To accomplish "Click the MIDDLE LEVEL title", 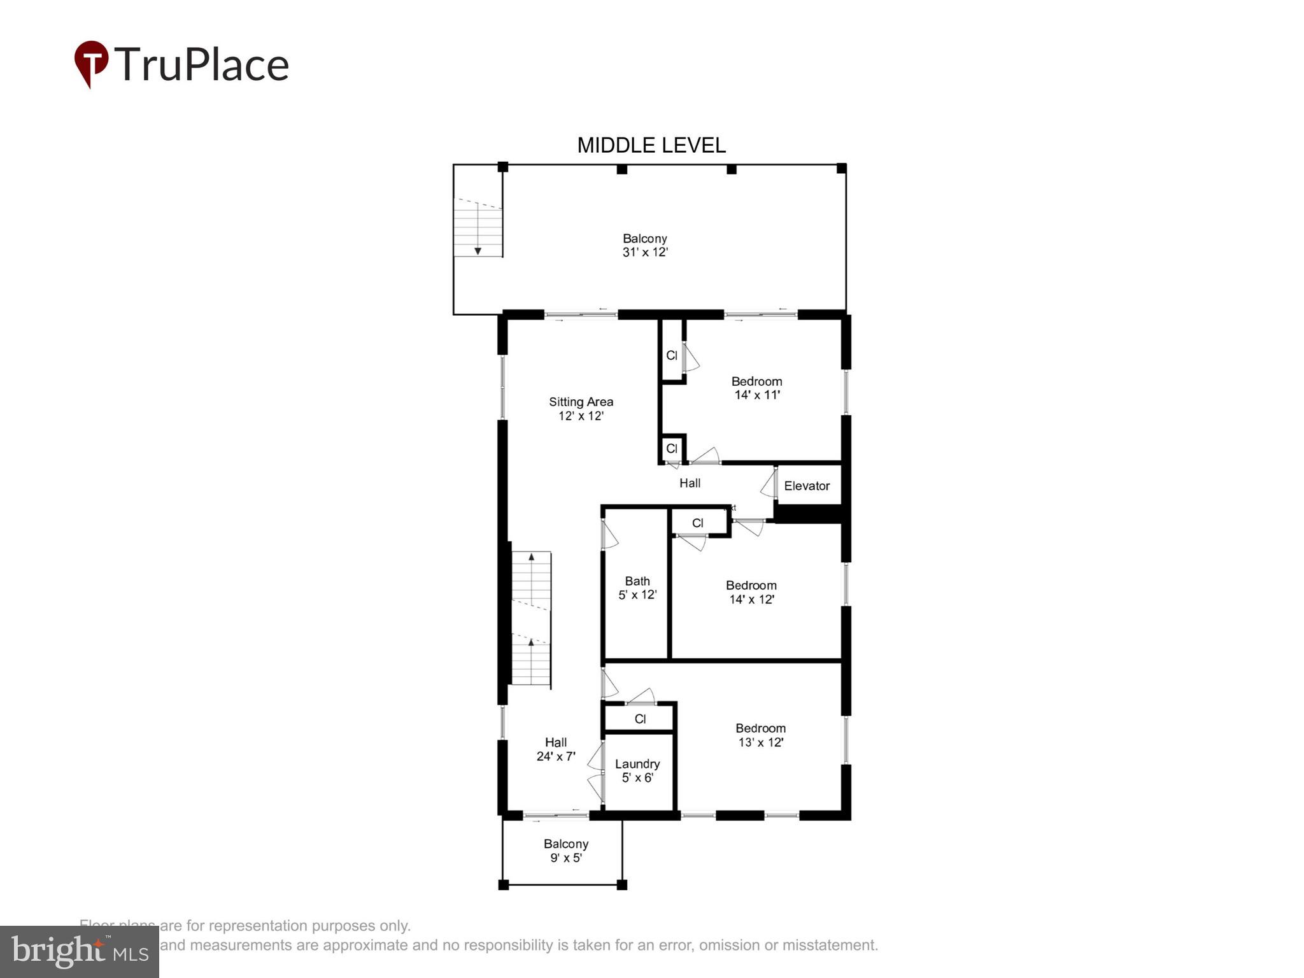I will (x=651, y=145).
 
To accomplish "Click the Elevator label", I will (x=806, y=486).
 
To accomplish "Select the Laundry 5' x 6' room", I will (x=637, y=770).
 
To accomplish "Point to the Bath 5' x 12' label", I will (x=637, y=588).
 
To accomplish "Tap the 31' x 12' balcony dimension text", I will (x=644, y=252).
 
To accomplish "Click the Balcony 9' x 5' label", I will (x=565, y=851).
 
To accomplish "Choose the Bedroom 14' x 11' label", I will (x=756, y=388).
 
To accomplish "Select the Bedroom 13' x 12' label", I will (x=760, y=735).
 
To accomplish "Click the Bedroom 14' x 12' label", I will (x=751, y=592).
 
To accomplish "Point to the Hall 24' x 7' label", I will (x=556, y=749).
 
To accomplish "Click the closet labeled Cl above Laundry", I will (x=640, y=719).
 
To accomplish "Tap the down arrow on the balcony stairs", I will (x=478, y=251).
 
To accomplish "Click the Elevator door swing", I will (x=769, y=484).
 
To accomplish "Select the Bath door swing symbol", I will (x=609, y=535).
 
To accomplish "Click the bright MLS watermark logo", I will (x=79, y=951).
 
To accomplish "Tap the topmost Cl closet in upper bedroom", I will (x=672, y=355).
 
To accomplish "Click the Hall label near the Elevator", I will (x=690, y=483).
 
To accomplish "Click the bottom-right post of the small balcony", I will (x=622, y=884).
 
